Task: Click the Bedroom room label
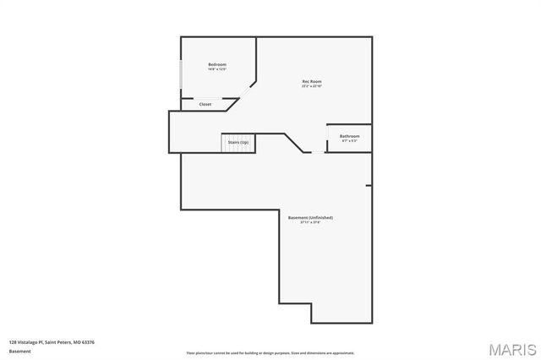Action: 217,64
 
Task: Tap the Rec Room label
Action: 312,81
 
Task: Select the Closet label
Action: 205,105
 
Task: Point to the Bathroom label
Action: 350,136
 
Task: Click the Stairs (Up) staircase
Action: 238,143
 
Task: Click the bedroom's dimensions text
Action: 217,70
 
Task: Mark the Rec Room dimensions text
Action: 312,86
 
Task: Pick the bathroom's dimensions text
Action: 350,141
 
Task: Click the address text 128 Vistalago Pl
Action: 51,342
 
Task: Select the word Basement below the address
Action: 19,351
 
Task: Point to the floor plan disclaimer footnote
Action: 270,353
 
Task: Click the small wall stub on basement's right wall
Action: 369,185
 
